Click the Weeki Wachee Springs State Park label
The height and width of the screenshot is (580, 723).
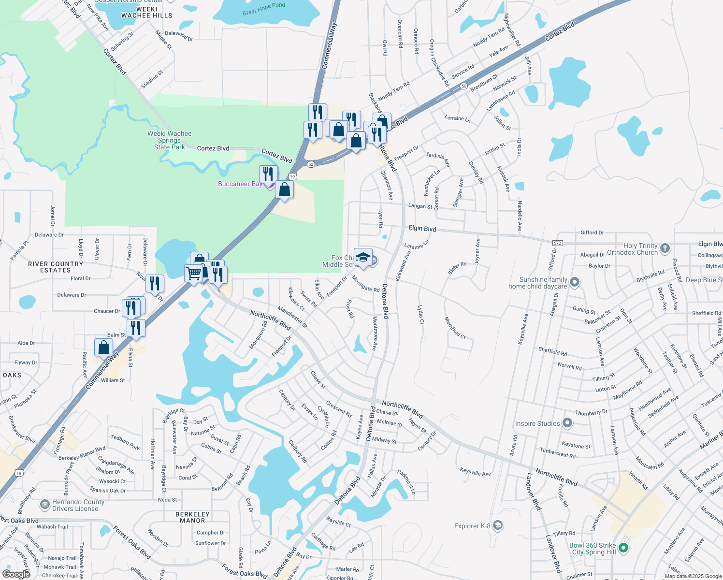pyautogui.click(x=169, y=140)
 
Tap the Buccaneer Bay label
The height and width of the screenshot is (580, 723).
pyautogui.click(x=240, y=184)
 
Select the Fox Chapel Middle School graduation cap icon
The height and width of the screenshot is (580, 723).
pyautogui.click(x=363, y=257)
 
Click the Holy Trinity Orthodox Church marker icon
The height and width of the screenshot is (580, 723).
pyautogui.click(x=665, y=248)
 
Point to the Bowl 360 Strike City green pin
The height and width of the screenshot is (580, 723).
pyautogui.click(x=623, y=548)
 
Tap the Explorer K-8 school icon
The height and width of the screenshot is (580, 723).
pyautogui.click(x=498, y=525)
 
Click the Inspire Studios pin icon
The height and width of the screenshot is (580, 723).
pyautogui.click(x=567, y=423)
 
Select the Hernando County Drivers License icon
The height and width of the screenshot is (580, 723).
pyautogui.click(x=45, y=505)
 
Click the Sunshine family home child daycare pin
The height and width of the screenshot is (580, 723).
pyautogui.click(x=575, y=282)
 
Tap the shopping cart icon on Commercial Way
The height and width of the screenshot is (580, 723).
pyautogui.click(x=194, y=273)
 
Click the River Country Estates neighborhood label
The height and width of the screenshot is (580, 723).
pyautogui.click(x=56, y=267)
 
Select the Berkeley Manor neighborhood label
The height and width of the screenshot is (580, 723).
pyautogui.click(x=192, y=517)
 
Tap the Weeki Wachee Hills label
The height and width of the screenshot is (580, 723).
pyautogui.click(x=146, y=12)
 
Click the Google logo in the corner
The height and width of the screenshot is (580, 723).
pyautogui.click(x=16, y=574)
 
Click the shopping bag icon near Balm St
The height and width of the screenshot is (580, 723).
pyautogui.click(x=104, y=348)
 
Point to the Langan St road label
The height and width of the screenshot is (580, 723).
pyautogui.click(x=420, y=206)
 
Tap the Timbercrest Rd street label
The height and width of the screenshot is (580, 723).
pyautogui.click(x=558, y=453)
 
